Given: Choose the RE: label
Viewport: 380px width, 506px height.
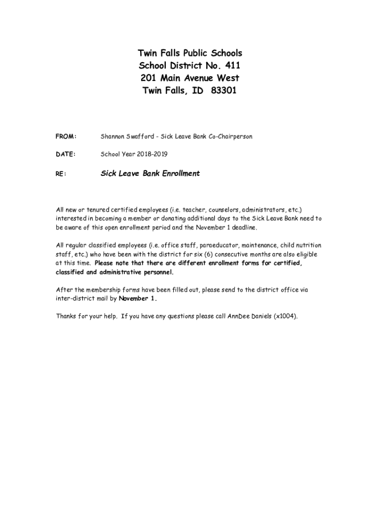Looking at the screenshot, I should [x=61, y=174].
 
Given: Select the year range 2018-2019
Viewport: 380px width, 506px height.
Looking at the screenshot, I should [x=151, y=155].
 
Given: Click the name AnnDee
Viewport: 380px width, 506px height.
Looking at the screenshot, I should [x=238, y=316].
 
